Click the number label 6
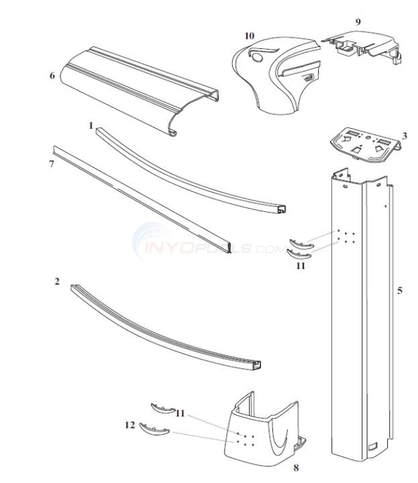52,75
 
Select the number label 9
358,21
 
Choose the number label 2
57,282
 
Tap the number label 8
296,467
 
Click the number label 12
129,425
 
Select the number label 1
90,125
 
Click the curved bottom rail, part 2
168,329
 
